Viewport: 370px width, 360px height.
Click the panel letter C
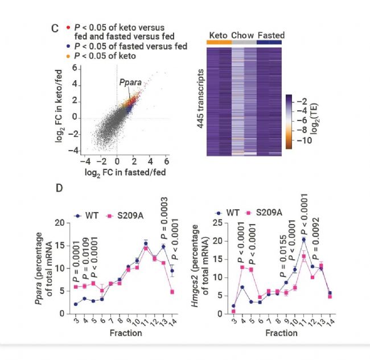[55, 28]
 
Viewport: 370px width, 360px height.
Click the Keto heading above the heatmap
[219, 35]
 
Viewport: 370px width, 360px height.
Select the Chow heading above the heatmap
[242, 35]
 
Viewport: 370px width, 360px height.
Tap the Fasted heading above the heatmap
[271, 35]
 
